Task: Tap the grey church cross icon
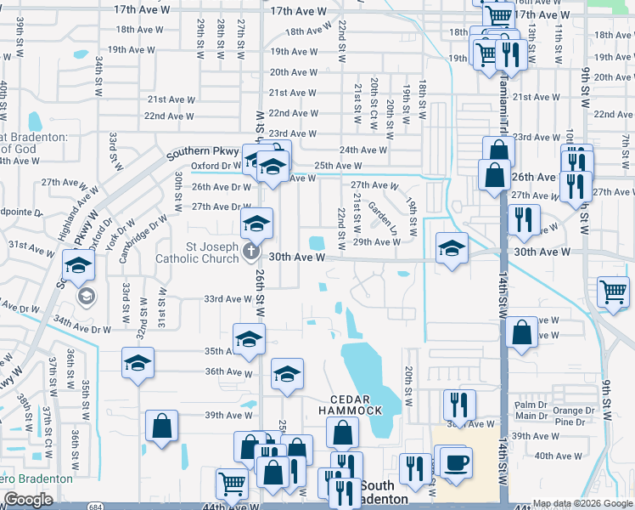(x=250, y=252)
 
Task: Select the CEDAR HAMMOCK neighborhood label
(x=351, y=404)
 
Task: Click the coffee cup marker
(x=457, y=462)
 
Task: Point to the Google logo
(x=28, y=500)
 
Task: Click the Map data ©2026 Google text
(x=582, y=504)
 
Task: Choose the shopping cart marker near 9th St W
(x=613, y=293)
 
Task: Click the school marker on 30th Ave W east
(x=452, y=248)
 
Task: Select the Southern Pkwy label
(x=199, y=154)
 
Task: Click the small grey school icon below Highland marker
(x=86, y=296)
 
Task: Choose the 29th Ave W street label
(x=376, y=242)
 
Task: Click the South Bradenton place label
(x=381, y=492)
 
